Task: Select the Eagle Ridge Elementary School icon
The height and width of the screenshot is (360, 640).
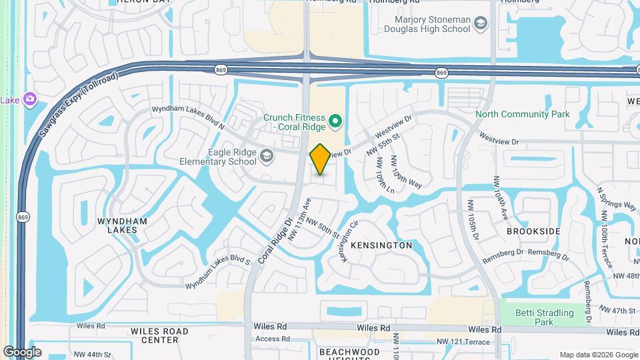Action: pyautogui.click(x=267, y=157)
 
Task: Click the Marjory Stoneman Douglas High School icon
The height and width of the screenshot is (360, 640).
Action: pyautogui.click(x=480, y=25)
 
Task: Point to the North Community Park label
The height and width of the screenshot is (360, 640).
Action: pyautogui.click(x=522, y=114)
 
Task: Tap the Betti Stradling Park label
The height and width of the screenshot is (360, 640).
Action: pyautogui.click(x=545, y=317)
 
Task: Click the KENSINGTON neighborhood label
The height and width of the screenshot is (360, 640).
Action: pyautogui.click(x=381, y=245)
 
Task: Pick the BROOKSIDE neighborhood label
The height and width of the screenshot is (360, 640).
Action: pyautogui.click(x=533, y=231)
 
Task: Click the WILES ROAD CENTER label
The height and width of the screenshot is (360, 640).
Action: pyautogui.click(x=159, y=335)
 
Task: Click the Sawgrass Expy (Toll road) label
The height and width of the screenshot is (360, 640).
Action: pyautogui.click(x=79, y=104)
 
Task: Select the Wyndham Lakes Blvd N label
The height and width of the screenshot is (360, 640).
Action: pyautogui.click(x=189, y=117)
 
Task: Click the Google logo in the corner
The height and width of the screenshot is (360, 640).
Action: pyautogui.click(x=22, y=352)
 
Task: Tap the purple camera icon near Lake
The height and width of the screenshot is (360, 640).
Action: pyautogui.click(x=29, y=99)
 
